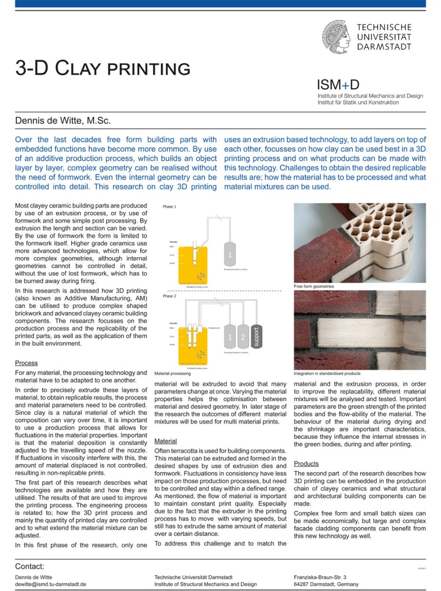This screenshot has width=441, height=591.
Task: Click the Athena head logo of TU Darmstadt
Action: (336, 36)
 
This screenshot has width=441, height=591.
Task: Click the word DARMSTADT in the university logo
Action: (384, 47)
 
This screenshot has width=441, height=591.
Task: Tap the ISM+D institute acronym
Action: (338, 84)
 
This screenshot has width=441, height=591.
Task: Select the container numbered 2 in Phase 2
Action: (243, 337)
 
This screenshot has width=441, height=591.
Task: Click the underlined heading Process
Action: (26, 363)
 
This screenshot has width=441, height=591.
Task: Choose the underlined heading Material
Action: (165, 441)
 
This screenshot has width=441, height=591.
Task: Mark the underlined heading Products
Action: (306, 463)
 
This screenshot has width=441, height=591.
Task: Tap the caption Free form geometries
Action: (314, 286)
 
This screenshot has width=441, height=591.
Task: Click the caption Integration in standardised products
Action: (327, 373)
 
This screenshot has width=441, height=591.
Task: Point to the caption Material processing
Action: (172, 374)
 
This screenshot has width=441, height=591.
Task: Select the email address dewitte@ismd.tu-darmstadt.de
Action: (51, 584)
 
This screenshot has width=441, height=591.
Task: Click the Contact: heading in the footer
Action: (30, 566)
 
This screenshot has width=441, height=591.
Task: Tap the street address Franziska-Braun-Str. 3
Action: (320, 577)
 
